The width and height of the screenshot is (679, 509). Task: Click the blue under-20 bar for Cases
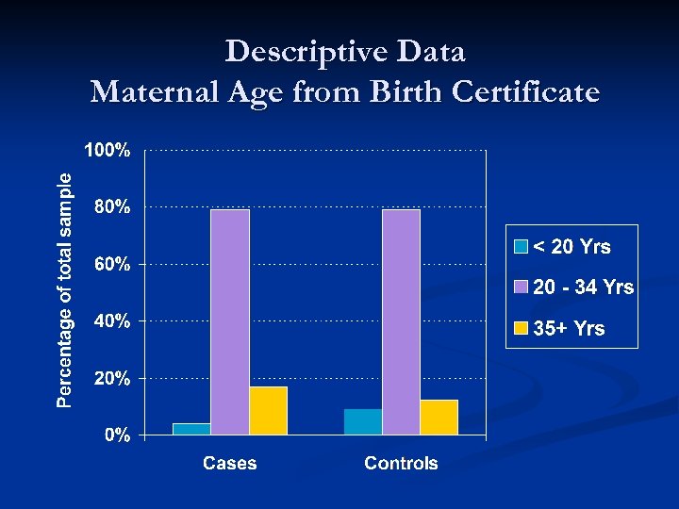pos(191,429)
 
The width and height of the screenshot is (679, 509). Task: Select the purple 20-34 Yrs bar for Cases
pos(230,321)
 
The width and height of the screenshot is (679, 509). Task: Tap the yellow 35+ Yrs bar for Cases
pos(268,410)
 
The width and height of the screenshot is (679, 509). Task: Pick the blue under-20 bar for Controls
pos(363,421)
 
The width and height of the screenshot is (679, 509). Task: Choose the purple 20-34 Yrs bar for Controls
pos(401,321)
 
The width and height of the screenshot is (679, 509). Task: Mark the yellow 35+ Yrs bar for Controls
pos(439,417)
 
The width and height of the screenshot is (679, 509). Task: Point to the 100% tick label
pos(108,151)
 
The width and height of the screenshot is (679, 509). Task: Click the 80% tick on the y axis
pos(112,207)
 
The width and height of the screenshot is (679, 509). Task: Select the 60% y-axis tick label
pos(112,265)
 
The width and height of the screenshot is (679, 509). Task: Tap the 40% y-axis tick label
pos(112,321)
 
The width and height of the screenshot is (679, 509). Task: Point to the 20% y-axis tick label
pos(112,379)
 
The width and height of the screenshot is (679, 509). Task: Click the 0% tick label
pos(117,435)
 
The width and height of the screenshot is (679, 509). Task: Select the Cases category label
pos(229,463)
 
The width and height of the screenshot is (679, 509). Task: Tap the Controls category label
pos(401,463)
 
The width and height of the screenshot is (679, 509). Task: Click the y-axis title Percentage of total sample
pos(63,289)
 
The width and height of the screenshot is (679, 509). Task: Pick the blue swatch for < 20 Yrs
pos(521,248)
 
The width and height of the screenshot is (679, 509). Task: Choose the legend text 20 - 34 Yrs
pos(583,287)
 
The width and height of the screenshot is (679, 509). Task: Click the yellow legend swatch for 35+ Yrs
pos(521,329)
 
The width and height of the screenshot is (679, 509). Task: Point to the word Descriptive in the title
pos(292,51)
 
